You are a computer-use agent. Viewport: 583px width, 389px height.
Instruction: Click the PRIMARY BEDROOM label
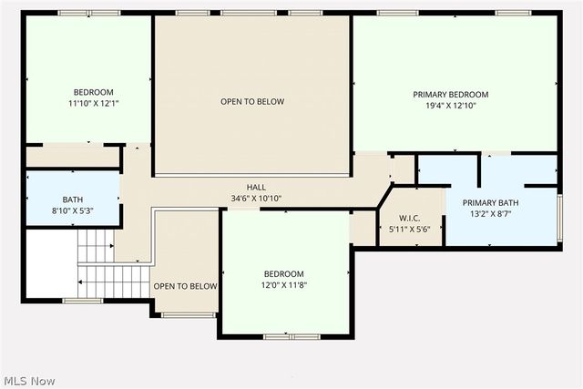[450, 95]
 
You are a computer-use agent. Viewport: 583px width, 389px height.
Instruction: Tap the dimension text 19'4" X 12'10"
[450, 106]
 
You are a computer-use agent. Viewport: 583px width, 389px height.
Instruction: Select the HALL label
[255, 187]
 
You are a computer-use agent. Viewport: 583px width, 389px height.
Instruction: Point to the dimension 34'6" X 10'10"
[255, 198]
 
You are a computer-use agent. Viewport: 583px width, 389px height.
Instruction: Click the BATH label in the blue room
[73, 200]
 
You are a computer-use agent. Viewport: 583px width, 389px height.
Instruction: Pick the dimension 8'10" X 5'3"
[73, 210]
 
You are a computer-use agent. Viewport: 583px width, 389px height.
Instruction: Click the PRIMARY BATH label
[490, 203]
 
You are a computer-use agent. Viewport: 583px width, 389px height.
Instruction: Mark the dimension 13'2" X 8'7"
[490, 214]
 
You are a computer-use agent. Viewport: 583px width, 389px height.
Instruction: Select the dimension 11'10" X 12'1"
[94, 103]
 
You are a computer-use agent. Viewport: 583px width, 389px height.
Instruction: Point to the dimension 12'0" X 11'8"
[284, 285]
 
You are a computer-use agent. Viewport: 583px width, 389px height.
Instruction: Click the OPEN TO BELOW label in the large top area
[252, 101]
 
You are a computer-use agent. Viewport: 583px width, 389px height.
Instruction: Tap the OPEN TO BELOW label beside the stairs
[185, 286]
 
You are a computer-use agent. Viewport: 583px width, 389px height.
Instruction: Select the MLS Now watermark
[28, 379]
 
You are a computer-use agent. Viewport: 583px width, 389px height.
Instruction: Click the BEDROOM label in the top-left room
[94, 92]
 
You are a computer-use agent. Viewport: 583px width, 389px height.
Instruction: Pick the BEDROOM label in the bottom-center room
[284, 274]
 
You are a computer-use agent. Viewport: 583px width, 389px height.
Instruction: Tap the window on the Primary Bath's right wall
[558, 217]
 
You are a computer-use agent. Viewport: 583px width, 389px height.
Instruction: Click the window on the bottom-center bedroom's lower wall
[291, 336]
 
